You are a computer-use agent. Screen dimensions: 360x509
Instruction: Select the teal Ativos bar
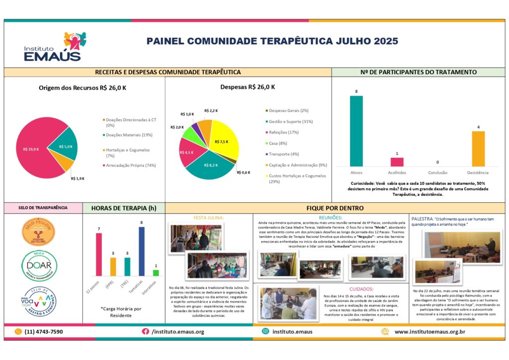click(x=356, y=131)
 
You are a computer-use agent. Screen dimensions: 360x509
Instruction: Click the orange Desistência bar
click(x=478, y=149)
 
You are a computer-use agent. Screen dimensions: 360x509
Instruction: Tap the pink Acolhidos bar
click(x=397, y=162)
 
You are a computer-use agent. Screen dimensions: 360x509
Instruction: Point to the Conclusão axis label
click(x=437, y=173)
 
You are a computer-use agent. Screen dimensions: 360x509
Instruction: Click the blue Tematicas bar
click(x=142, y=251)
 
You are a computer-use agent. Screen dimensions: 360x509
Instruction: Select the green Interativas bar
click(x=156, y=272)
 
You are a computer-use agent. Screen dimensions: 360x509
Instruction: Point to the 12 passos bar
click(x=99, y=254)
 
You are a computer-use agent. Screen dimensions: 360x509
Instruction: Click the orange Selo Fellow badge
click(x=39, y=232)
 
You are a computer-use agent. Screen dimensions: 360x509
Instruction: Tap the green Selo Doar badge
click(x=39, y=266)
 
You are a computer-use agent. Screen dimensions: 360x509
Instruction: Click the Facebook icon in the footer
click(x=146, y=331)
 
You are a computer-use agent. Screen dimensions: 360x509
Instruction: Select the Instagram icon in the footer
click(x=266, y=331)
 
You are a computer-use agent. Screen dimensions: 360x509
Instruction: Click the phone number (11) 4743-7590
click(x=44, y=332)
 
